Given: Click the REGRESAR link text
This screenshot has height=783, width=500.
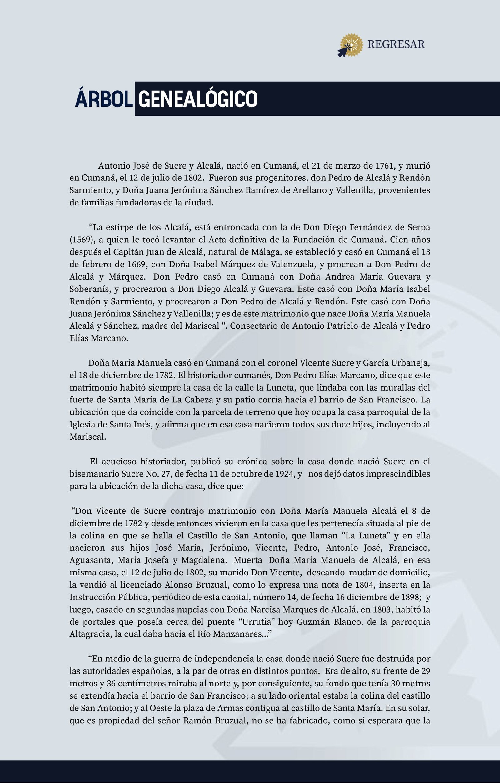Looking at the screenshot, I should (x=396, y=44).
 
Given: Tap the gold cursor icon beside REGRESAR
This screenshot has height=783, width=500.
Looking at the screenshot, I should (x=350, y=45).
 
